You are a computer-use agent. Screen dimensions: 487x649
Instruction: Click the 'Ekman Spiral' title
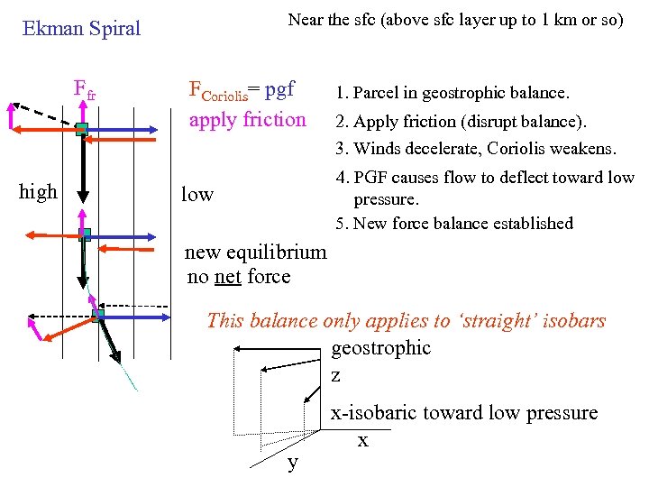pos(81,29)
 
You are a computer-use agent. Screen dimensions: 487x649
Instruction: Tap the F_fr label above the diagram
pos(85,91)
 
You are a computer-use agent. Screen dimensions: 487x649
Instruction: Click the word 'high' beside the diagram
pos(38,191)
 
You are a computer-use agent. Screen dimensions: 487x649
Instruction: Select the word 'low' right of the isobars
pos(197,194)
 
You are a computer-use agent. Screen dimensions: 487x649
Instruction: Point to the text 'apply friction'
pos(247,119)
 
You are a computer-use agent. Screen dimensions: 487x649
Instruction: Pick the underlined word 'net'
pos(226,277)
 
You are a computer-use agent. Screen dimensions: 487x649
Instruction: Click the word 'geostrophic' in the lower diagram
pos(381,348)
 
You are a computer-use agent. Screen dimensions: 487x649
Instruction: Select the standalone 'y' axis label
pos(292,463)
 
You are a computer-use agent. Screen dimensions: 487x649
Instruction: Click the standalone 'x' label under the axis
pos(362,441)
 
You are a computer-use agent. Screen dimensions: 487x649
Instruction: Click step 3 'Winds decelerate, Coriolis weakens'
pos(475,148)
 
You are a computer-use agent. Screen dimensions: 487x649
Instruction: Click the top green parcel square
pos(81,129)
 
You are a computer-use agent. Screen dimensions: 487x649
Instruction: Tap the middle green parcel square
pos(85,234)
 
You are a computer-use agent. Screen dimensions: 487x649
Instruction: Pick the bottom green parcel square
pos(97,315)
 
